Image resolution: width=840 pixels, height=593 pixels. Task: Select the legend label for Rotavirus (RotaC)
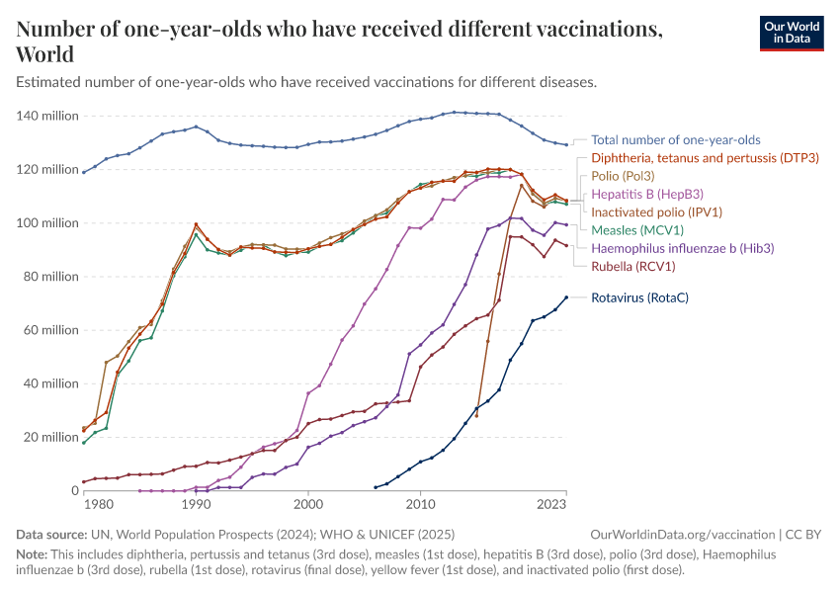click(x=639, y=296)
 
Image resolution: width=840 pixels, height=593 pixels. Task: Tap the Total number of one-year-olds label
click(x=676, y=140)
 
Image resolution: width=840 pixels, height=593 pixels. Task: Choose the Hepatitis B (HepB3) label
click(x=646, y=194)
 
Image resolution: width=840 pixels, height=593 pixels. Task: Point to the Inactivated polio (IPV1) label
click(x=656, y=212)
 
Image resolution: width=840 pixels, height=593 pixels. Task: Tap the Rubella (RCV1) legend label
click(x=633, y=266)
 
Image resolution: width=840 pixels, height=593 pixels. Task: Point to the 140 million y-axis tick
click(x=47, y=116)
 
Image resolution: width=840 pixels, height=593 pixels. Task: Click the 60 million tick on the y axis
click(x=50, y=330)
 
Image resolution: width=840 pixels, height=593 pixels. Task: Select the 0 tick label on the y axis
click(x=74, y=491)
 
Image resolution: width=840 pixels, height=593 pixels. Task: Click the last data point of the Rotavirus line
click(x=566, y=296)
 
